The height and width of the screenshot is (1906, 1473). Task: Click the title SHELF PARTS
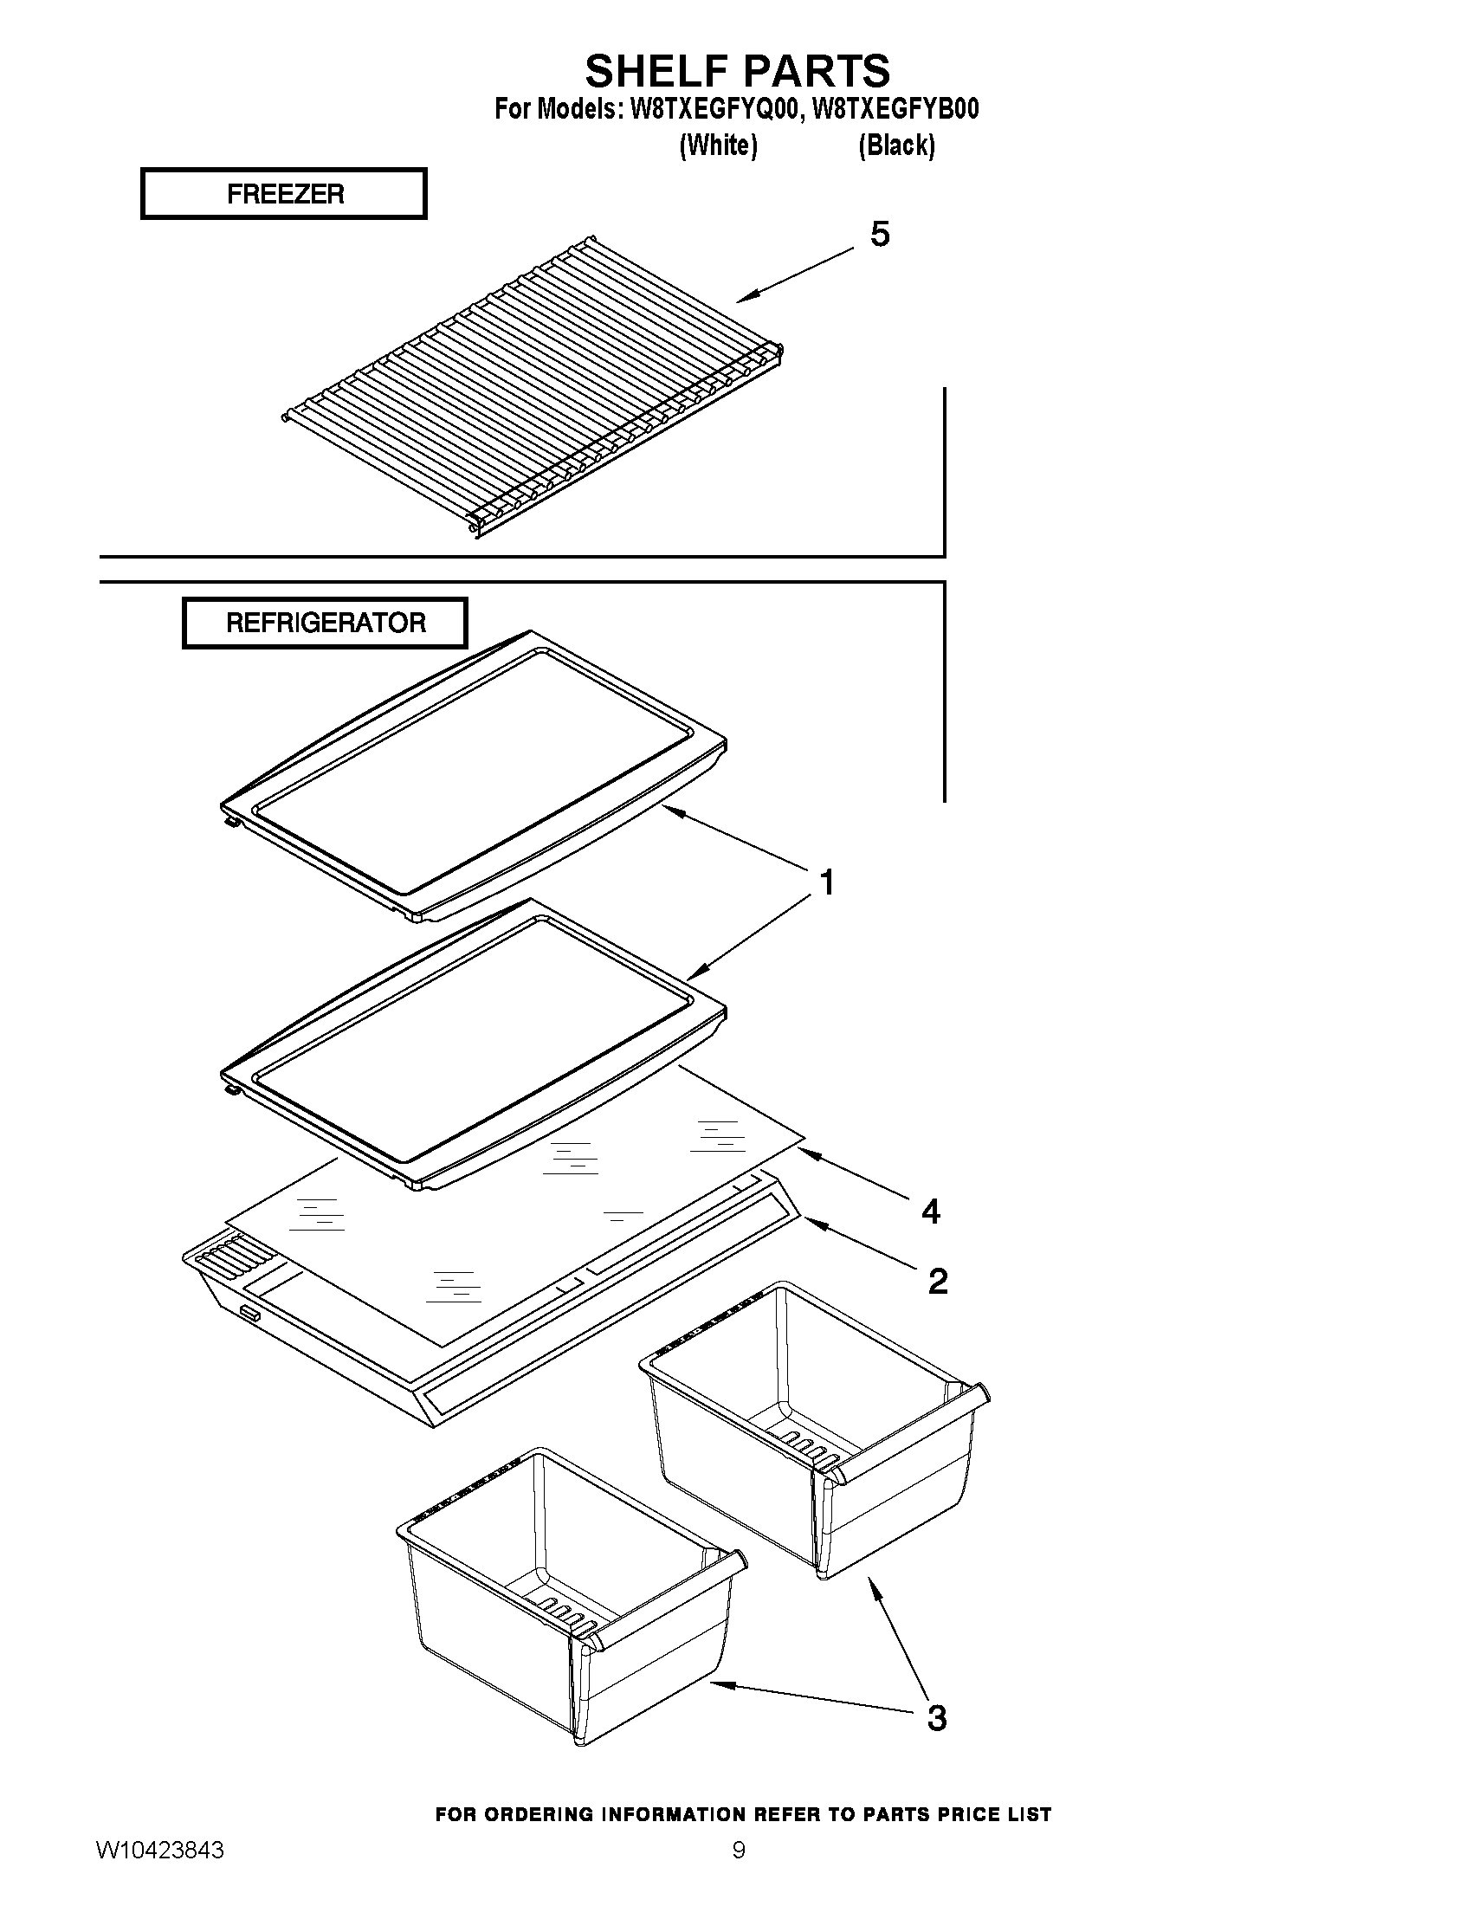click(x=738, y=71)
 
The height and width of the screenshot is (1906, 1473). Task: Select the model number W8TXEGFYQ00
click(x=713, y=109)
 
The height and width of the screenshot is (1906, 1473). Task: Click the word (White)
click(x=718, y=145)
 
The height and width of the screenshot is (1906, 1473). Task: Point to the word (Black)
click(x=896, y=145)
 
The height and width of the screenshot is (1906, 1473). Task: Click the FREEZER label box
click(x=284, y=194)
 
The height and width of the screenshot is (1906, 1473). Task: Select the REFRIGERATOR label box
click(x=325, y=623)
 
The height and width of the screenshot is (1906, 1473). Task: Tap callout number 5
click(x=880, y=234)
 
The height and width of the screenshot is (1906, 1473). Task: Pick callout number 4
click(x=930, y=1211)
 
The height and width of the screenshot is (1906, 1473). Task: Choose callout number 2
click(x=937, y=1281)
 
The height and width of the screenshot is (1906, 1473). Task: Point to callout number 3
click(x=935, y=1717)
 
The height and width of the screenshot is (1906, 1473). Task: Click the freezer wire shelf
click(x=533, y=388)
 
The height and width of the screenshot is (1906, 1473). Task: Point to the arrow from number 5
click(x=794, y=275)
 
